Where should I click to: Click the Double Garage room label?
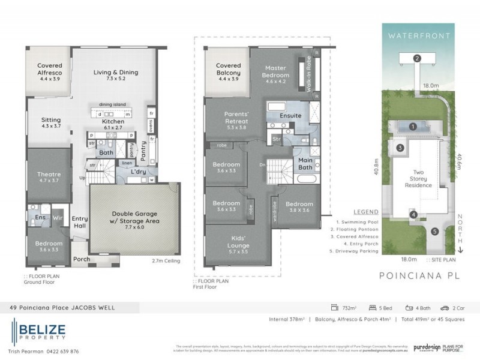[x=134, y=217]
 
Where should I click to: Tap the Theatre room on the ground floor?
[x=49, y=178]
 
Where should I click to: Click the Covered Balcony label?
[x=229, y=69]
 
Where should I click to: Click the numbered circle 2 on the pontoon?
[x=416, y=58]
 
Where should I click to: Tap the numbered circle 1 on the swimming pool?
[x=413, y=127]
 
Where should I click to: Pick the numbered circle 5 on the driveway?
[x=434, y=231]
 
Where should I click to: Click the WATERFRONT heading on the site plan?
[x=418, y=36]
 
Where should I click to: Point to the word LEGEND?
[x=365, y=212]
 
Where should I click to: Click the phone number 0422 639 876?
[x=63, y=351]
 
